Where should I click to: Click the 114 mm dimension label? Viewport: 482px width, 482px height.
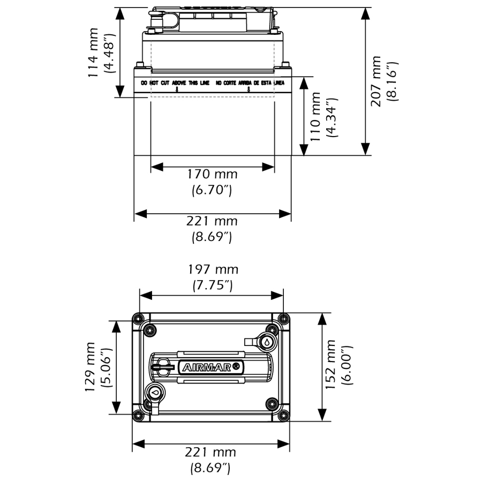pyautogui.click(x=95, y=52)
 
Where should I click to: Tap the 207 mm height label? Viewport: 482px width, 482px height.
pyautogui.click(x=376, y=80)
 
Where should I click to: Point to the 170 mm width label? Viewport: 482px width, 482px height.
pyautogui.click(x=212, y=174)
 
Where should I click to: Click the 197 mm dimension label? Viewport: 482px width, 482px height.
pyautogui.click(x=212, y=269)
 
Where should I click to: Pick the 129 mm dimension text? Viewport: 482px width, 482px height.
pyautogui.click(x=91, y=367)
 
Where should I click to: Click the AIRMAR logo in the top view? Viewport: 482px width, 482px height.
pyautogui.click(x=213, y=367)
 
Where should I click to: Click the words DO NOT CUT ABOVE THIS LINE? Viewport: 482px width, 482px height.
pyautogui.click(x=175, y=83)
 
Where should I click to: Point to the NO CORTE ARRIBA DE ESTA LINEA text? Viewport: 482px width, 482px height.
pyautogui.click(x=250, y=83)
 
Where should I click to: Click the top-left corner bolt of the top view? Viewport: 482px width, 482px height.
pyautogui.click(x=139, y=319)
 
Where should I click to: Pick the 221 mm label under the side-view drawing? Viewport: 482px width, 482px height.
pyautogui.click(x=212, y=221)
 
